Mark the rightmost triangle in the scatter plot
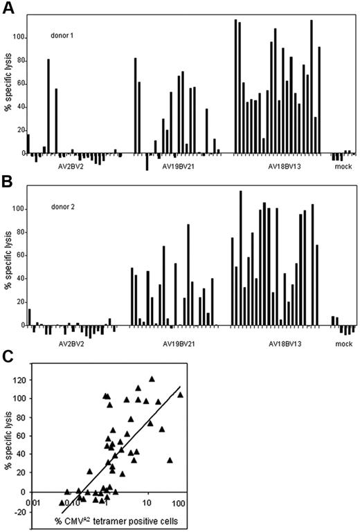(x=180, y=394)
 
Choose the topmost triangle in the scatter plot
(x=152, y=379)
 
